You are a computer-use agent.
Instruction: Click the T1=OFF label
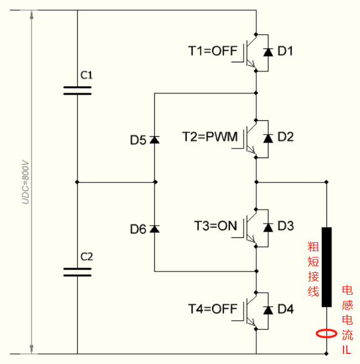213,51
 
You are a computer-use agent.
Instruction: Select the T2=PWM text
210,136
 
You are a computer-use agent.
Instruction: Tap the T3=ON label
216,226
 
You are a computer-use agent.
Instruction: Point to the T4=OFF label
213,309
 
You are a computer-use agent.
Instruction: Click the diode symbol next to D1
268,52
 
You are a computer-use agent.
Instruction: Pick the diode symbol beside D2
268,138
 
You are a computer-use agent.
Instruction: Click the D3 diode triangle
268,227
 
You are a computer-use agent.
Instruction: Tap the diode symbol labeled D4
268,310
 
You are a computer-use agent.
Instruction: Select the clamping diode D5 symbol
155,140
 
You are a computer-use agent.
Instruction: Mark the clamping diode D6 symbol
155,229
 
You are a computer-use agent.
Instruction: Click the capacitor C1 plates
78,90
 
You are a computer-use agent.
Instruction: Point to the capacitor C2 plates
78,272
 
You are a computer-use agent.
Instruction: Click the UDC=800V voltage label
25,182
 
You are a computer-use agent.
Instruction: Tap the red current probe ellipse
327,334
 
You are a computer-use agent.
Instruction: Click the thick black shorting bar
327,267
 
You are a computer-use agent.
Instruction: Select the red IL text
347,349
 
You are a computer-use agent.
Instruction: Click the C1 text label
87,75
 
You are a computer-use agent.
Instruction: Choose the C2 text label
87,257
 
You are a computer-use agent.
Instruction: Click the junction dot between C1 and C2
77,182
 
